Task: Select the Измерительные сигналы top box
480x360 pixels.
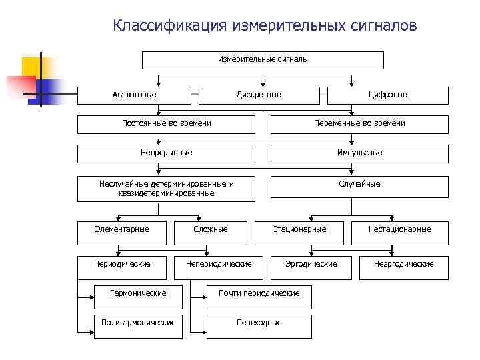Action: (x=263, y=60)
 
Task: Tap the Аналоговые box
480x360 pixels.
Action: (x=135, y=95)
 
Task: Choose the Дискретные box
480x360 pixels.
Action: (x=259, y=95)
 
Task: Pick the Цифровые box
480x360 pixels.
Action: (x=388, y=95)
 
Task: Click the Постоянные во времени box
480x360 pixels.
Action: (x=166, y=123)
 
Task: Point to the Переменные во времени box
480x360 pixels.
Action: (x=359, y=123)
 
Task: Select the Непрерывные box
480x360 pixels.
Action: (x=166, y=153)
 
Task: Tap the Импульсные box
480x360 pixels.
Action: (x=359, y=153)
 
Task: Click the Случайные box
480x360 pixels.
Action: (x=359, y=185)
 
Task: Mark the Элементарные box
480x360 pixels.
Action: (x=122, y=230)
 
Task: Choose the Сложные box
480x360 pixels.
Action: (x=211, y=230)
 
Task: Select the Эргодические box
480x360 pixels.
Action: (x=311, y=264)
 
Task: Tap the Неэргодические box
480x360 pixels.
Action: (x=404, y=264)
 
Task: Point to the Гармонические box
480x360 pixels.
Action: (x=138, y=293)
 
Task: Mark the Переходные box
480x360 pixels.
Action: (x=259, y=323)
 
